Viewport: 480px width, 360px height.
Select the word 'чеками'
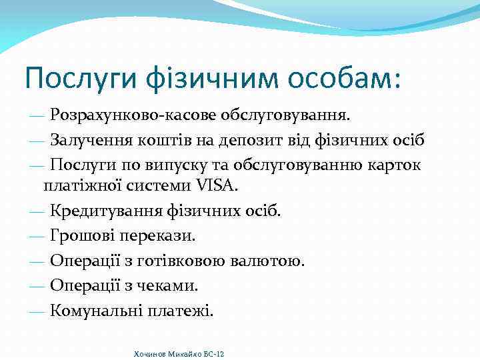tap(166, 285)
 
